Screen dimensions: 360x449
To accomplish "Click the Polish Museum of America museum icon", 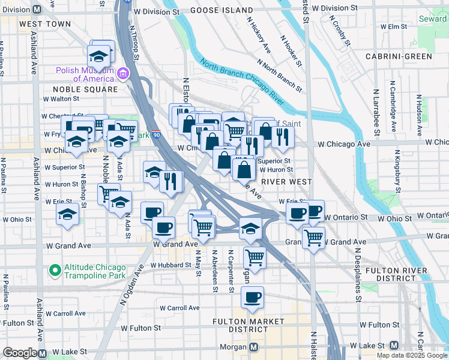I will (123, 74).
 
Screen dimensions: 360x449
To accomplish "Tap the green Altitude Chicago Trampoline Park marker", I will (55, 271).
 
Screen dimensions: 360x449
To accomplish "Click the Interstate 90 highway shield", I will (156, 135).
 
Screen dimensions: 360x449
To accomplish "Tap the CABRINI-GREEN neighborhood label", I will (399, 56).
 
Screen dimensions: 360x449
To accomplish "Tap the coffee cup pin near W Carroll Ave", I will (253, 296).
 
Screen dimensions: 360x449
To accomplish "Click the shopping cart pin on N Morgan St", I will (255, 257).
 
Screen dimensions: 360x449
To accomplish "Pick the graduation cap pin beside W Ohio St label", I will (67, 214).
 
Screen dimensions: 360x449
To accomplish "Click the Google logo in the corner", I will (20, 353).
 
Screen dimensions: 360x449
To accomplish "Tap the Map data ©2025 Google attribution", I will (412, 355).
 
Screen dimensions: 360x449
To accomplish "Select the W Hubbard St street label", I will (170, 265).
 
